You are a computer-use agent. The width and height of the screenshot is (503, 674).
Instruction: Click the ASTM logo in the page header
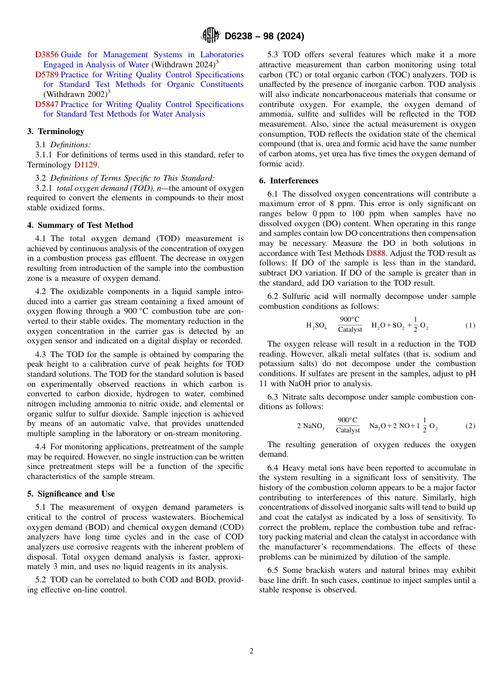click(211, 36)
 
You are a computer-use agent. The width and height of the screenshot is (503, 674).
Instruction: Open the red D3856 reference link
click(47, 55)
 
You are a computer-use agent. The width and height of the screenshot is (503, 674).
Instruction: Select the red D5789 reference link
click(47, 75)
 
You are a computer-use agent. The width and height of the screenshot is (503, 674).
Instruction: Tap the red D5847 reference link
click(47, 104)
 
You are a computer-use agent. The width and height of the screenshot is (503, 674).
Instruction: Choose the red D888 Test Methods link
click(375, 253)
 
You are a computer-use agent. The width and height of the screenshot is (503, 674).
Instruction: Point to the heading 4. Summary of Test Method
click(80, 225)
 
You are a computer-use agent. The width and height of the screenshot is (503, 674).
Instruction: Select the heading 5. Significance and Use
click(71, 494)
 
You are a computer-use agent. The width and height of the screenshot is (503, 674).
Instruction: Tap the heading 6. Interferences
click(289, 181)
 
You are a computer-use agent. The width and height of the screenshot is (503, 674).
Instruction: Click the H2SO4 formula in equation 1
click(316, 325)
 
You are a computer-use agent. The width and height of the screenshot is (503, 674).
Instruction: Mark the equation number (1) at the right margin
click(470, 325)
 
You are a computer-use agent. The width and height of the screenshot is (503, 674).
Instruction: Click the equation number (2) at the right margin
click(470, 426)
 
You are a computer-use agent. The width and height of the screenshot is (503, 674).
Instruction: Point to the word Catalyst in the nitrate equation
click(347, 430)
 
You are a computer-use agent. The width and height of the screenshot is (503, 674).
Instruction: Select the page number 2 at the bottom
click(251, 651)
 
